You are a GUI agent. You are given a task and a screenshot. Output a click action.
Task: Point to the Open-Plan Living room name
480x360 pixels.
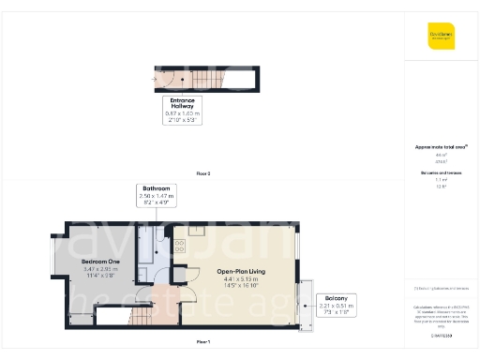coord(236,272)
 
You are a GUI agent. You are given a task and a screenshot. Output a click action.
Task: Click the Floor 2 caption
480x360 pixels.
coord(203,174)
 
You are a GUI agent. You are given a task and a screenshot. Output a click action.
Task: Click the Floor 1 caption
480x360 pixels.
coord(203,342)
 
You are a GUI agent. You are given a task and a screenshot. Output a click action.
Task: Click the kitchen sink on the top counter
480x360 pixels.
coord(196,230)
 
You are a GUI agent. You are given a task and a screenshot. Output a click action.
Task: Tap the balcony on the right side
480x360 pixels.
coord(304,305)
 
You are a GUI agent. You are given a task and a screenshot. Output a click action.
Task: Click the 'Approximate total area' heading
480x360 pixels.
coord(440,147)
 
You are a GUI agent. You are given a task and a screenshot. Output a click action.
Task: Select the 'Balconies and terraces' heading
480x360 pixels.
coord(440,173)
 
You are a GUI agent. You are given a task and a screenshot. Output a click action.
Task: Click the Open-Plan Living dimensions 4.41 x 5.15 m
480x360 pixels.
coord(236,279)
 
